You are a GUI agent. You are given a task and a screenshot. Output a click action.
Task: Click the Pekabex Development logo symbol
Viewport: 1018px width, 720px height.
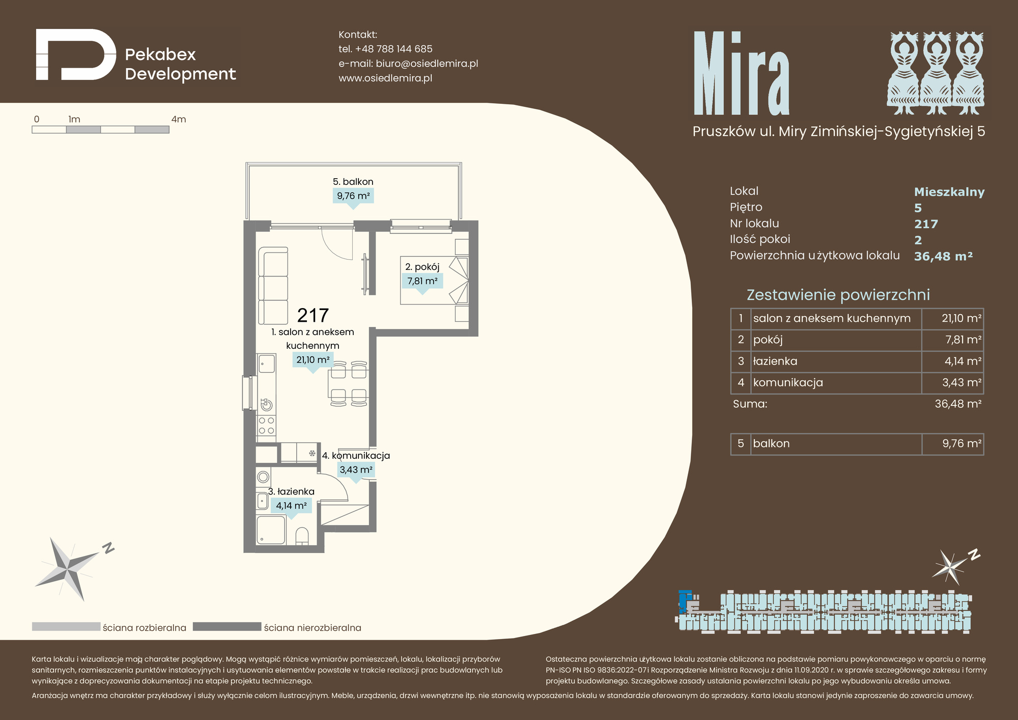76,54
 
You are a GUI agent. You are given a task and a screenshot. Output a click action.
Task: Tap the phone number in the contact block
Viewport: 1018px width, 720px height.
393,49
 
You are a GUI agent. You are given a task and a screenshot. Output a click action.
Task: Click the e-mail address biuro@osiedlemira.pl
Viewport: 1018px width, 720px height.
427,64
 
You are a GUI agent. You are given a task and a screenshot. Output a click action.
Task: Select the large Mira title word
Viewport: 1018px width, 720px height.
742,73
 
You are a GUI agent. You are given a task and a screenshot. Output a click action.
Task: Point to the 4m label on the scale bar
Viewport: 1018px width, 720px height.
179,119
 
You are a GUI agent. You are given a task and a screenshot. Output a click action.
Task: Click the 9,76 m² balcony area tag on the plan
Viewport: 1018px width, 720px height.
353,196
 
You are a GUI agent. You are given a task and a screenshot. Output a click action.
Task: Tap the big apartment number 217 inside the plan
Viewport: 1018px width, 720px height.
313,316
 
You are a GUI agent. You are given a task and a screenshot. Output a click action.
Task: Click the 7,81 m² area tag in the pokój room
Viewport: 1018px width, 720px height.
422,281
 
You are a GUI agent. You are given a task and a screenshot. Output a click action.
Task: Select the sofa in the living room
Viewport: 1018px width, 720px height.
273,286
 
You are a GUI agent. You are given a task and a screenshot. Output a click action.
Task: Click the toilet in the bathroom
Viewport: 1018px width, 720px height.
302,536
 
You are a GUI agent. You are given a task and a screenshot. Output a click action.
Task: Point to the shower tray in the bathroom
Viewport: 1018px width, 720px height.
271,530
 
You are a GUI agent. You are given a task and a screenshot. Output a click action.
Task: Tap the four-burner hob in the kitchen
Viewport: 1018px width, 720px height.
266,426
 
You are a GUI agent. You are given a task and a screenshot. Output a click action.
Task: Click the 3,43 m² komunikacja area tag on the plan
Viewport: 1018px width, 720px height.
356,470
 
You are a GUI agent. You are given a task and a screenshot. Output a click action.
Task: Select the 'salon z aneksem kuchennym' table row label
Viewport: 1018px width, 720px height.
832,318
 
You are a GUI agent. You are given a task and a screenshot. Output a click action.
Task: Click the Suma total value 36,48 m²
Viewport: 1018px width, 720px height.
958,404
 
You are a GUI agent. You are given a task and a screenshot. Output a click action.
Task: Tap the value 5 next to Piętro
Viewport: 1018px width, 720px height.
918,208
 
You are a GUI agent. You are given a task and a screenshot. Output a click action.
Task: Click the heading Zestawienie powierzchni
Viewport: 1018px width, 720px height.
838,295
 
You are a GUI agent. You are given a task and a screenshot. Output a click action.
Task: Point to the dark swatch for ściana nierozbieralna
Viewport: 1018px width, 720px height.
227,627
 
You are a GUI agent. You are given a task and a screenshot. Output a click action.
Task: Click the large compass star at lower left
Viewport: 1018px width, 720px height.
68,569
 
